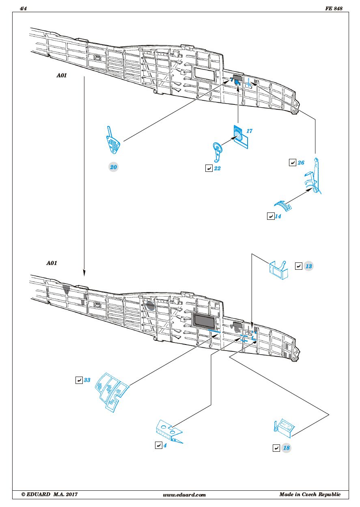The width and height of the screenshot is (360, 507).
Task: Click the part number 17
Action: [x=249, y=131]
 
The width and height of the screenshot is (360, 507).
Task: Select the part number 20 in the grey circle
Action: [x=114, y=167]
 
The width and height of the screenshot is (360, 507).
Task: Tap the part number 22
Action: [x=217, y=168]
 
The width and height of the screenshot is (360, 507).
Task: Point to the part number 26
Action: [x=301, y=163]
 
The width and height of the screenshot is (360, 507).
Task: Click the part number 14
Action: [x=278, y=217]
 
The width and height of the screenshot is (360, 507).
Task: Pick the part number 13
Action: [x=308, y=266]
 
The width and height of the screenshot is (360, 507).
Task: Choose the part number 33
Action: [x=87, y=381]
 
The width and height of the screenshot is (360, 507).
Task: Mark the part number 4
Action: [x=165, y=446]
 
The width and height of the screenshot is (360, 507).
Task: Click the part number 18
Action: [x=287, y=448]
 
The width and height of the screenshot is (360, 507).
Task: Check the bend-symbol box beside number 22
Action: [x=209, y=168]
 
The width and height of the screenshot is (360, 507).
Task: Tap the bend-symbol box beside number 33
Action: [x=79, y=381]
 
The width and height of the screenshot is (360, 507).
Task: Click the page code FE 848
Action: [x=334, y=9]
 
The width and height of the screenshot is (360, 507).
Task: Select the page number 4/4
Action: [x=24, y=9]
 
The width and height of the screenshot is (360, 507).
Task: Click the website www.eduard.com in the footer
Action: [x=184, y=495]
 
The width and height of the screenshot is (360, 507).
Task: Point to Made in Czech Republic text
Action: [x=310, y=494]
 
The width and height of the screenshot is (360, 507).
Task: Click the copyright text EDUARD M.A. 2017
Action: [x=49, y=494]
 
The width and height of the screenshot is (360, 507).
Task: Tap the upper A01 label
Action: [x=63, y=75]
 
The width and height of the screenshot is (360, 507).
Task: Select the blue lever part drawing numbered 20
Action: [x=113, y=141]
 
